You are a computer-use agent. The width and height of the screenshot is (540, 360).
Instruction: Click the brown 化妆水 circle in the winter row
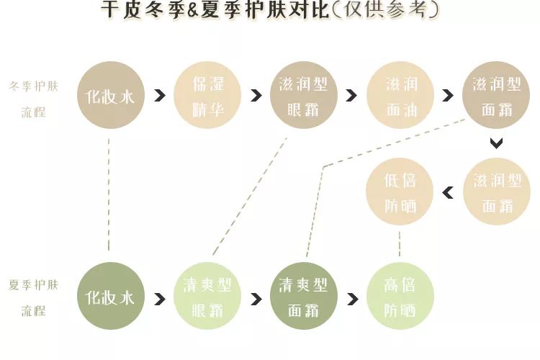click(110, 96)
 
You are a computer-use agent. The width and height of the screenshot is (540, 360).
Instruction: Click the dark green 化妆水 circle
click(110, 297)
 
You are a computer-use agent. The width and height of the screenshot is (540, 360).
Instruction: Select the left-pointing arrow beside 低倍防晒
click(448, 192)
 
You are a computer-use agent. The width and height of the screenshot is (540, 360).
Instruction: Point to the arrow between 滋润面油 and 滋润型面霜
click(448, 96)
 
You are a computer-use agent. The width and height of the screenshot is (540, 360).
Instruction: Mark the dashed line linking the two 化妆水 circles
click(109, 194)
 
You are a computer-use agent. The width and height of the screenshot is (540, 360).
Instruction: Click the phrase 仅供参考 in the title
click(395, 10)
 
